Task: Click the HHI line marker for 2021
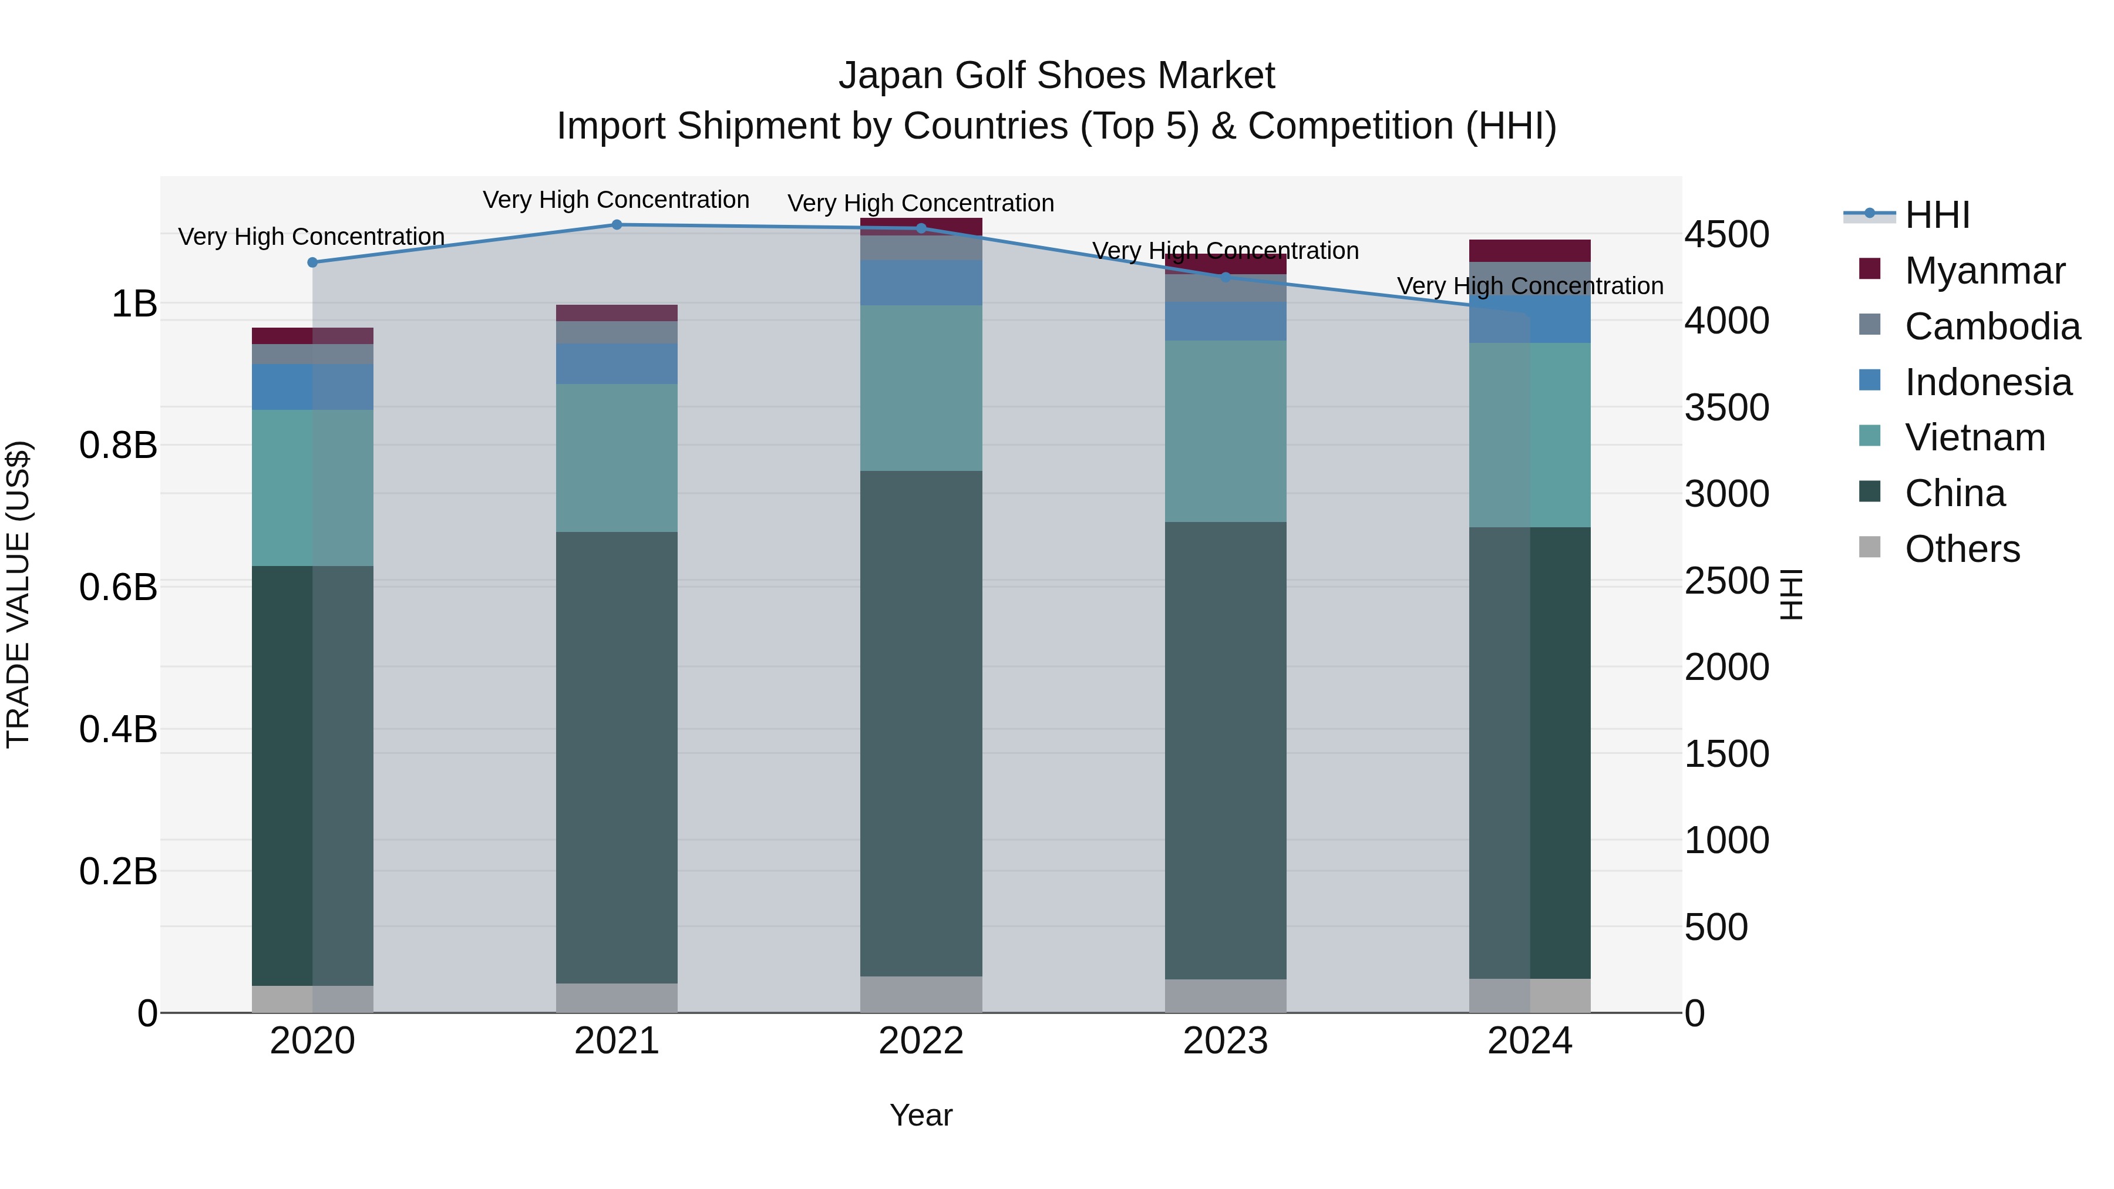point(617,225)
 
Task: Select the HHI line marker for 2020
point(312,262)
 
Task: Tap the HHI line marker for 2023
point(1225,277)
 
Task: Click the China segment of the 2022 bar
point(921,722)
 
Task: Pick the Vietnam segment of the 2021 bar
point(617,458)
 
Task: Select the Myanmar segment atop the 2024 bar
point(1530,250)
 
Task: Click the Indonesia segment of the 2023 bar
point(1225,321)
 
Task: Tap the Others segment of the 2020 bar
point(312,999)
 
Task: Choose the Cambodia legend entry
point(1992,326)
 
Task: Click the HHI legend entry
point(1937,215)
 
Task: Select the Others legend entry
point(1961,549)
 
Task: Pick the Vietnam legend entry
point(1974,437)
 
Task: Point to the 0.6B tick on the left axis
point(118,588)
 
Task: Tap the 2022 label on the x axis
point(921,1041)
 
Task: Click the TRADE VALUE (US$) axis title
point(18,594)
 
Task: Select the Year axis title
point(921,1115)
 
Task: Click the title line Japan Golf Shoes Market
point(1056,76)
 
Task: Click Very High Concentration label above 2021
point(617,200)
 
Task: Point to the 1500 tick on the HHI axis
point(1726,754)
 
